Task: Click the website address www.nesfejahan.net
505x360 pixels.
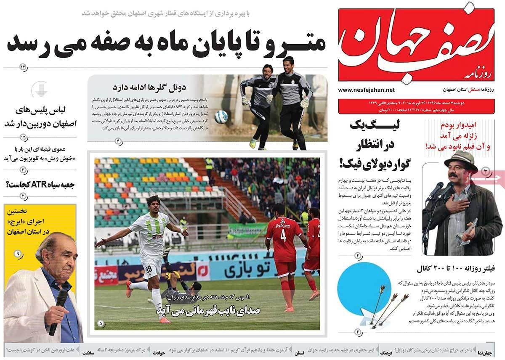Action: [366, 90]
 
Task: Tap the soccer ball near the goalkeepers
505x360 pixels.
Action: [221, 116]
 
